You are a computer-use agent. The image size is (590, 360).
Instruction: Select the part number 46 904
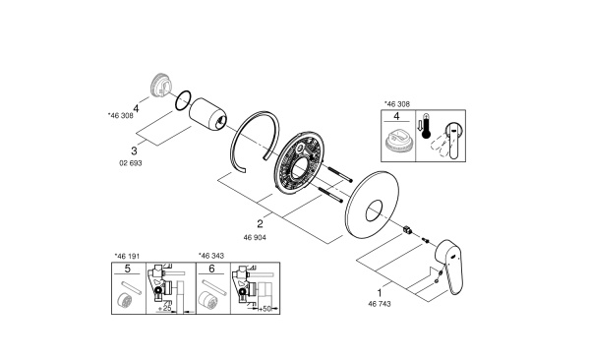tap(253, 238)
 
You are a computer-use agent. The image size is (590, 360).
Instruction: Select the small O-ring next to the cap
tap(179, 98)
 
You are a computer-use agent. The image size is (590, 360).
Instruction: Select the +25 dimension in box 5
tap(167, 308)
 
